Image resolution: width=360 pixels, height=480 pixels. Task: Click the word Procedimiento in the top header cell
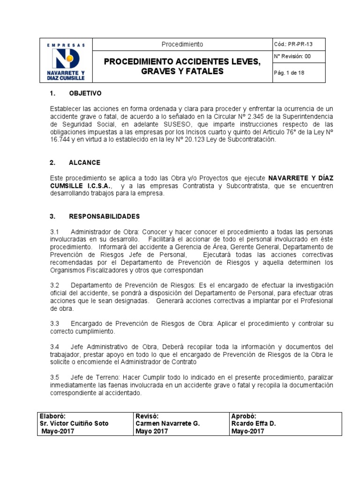click(182, 44)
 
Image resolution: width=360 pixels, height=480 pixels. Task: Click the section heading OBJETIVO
click(85, 93)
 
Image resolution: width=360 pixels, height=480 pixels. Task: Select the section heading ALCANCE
click(84, 163)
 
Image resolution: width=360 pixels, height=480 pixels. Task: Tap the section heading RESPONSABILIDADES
click(104, 217)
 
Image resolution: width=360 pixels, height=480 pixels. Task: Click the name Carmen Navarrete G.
click(167, 423)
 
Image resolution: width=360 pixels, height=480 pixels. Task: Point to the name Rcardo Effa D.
click(253, 423)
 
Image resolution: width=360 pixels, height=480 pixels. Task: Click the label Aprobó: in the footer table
click(243, 416)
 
